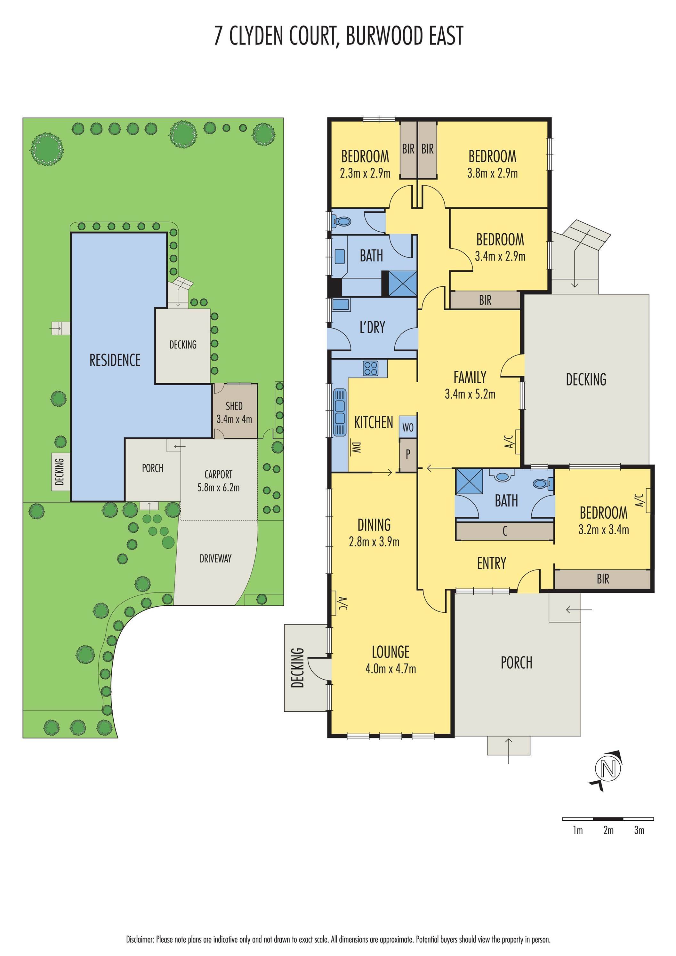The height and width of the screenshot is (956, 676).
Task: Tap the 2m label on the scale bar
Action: click(x=608, y=830)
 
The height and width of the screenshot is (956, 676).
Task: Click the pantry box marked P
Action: click(x=408, y=454)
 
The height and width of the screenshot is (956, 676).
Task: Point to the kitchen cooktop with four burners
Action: click(x=371, y=368)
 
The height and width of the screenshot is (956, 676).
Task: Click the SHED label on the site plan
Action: click(x=234, y=406)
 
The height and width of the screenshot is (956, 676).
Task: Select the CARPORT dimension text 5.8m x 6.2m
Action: click(x=218, y=488)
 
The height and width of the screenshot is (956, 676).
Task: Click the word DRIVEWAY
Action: click(x=215, y=558)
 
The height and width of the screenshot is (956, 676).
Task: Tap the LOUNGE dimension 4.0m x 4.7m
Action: click(x=391, y=669)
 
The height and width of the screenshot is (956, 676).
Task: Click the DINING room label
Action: click(x=374, y=525)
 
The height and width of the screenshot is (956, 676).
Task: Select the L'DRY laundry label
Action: click(x=372, y=328)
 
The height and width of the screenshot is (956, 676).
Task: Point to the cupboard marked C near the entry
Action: click(x=505, y=531)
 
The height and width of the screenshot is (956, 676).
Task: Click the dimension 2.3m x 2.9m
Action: click(x=365, y=173)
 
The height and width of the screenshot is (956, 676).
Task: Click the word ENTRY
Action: click(x=492, y=563)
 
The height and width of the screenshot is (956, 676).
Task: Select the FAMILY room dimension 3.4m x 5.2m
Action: click(x=470, y=394)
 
